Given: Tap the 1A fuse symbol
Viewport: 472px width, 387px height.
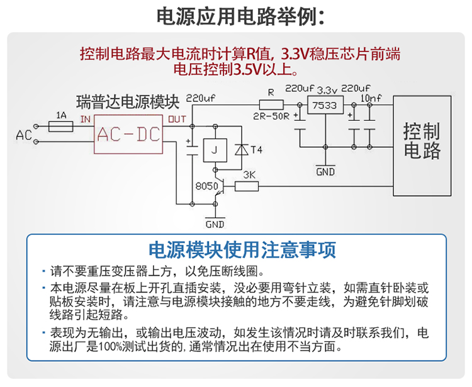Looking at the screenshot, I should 62,126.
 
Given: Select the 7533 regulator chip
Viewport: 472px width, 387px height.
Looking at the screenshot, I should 324,106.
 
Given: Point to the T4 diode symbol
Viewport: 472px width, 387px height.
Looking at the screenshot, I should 241,150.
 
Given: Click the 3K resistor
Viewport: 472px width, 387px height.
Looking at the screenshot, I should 247,186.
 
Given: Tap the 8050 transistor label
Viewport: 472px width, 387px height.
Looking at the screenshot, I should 206,187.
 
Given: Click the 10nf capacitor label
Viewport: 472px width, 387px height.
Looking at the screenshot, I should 370,98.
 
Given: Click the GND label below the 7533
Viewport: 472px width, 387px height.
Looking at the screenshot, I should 325,171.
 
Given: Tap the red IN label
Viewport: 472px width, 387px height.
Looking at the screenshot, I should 86,119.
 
